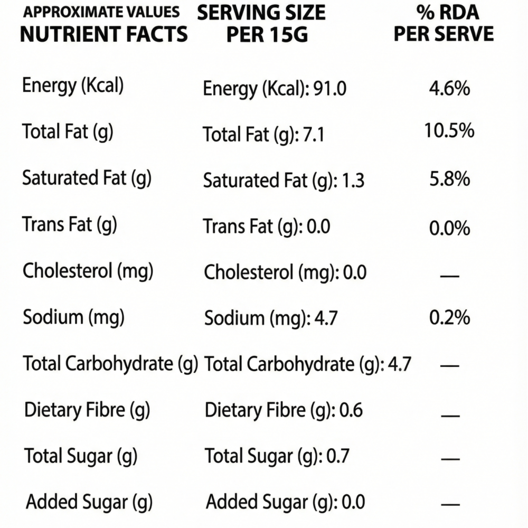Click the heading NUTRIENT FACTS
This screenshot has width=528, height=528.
point(103,34)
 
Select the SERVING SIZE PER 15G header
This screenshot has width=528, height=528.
point(261,24)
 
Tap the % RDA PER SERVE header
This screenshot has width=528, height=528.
point(444,24)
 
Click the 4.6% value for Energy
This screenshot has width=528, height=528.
point(449,88)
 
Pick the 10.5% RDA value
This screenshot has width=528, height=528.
point(449,130)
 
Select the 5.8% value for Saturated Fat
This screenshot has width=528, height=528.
point(449,179)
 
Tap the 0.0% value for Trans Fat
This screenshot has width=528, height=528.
point(449,229)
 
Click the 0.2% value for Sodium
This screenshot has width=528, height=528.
point(449,318)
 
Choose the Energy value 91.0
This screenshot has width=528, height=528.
point(329,89)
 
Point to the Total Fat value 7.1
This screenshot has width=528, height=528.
point(314,136)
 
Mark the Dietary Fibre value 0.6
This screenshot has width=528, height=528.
point(351,410)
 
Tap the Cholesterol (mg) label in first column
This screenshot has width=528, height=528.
point(88,271)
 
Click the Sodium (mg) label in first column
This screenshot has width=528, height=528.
point(73,317)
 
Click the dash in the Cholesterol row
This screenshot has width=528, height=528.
point(449,276)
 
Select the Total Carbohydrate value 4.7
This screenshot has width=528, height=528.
point(399,364)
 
